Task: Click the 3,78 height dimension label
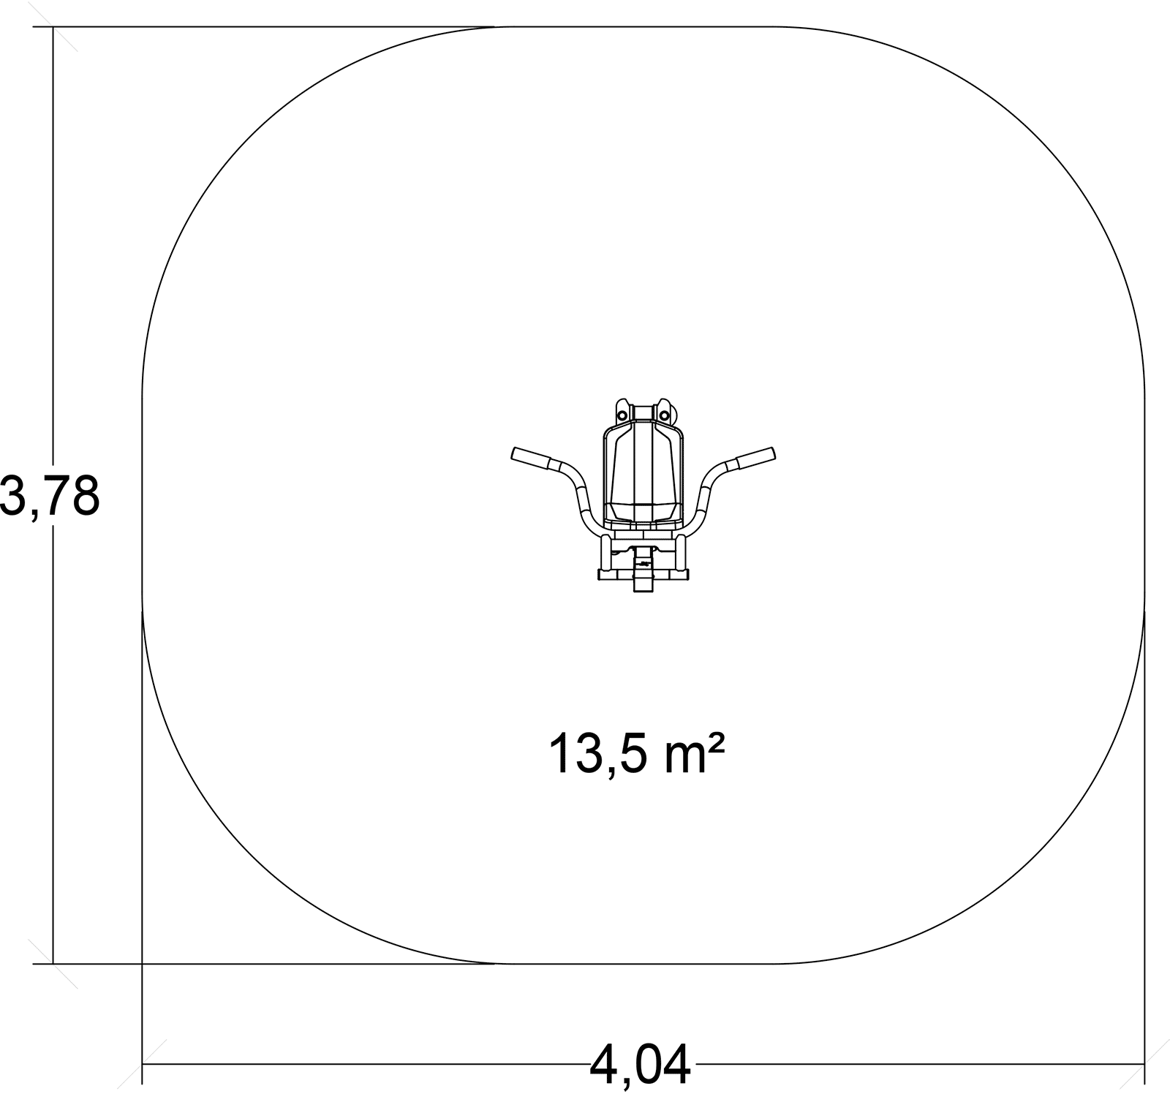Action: [49, 494]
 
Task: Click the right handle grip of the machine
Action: [755, 459]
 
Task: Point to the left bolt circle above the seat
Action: [622, 415]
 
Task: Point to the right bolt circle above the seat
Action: [664, 415]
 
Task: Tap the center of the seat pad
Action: [643, 475]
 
